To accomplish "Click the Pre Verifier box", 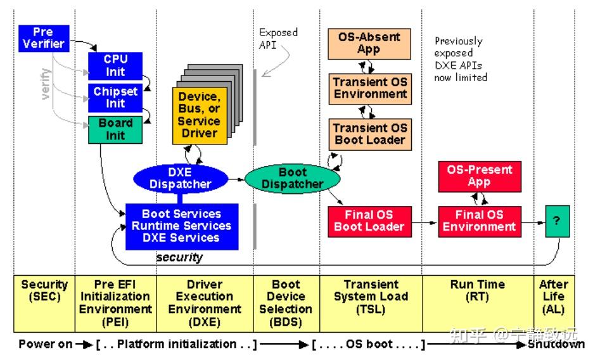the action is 44,38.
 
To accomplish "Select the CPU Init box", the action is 115,66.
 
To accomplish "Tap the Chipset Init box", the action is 115,98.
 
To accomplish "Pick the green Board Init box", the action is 115,130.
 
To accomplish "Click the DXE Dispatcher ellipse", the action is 181,179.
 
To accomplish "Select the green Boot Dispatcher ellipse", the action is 292,179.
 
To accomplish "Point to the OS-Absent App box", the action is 369,44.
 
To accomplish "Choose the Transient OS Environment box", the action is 370,89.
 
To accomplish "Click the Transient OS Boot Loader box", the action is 370,134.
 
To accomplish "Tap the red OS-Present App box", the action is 480,177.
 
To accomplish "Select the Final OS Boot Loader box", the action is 369,222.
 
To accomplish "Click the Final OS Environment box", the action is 480,222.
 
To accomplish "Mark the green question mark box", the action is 558,221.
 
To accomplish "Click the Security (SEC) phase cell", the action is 44,304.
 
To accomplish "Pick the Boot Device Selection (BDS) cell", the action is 286,304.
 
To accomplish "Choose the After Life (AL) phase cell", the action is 554,304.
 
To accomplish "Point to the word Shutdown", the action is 556,345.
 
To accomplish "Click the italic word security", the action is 180,257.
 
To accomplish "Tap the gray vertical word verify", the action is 46,84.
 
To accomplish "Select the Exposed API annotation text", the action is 278,39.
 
